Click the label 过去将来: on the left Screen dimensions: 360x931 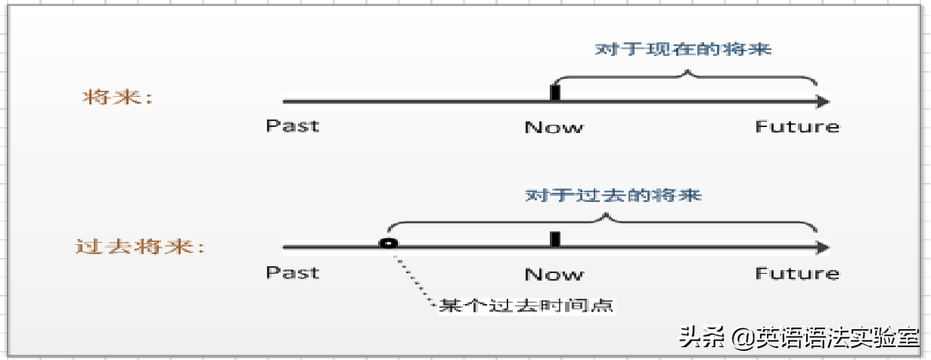[140, 247]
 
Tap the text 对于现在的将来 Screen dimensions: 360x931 [683, 50]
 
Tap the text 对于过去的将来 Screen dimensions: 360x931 [614, 195]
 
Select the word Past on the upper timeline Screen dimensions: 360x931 [292, 126]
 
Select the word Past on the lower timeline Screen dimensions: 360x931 [292, 272]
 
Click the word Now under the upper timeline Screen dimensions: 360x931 [554, 127]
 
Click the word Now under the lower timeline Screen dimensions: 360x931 [554, 274]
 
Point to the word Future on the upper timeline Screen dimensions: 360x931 [797, 126]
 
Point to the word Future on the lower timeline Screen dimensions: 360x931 [797, 273]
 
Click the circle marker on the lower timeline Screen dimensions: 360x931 [388, 244]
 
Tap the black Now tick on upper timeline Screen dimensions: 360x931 [555, 93]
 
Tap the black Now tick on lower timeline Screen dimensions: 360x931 [555, 239]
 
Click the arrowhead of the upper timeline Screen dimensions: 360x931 [823, 101]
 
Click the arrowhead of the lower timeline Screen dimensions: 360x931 [823, 247]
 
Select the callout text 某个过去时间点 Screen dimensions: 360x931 [528, 306]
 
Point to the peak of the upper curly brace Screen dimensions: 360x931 [687, 73]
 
